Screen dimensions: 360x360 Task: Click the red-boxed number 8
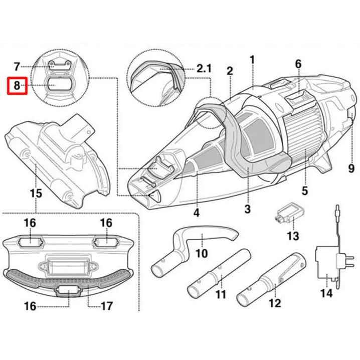tap(17, 86)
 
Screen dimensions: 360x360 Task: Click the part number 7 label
tap(17, 66)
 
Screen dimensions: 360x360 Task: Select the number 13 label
tap(292, 236)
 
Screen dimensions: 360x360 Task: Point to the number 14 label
tap(326, 293)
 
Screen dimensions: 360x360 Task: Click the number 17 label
tap(107, 306)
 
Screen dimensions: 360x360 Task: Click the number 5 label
tap(304, 191)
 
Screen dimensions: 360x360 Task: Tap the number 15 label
tap(35, 193)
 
